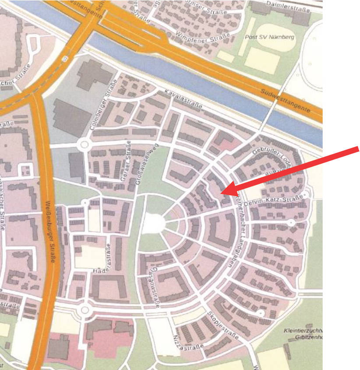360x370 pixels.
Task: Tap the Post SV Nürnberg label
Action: tap(269, 37)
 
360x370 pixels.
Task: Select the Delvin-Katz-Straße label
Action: tap(280, 201)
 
